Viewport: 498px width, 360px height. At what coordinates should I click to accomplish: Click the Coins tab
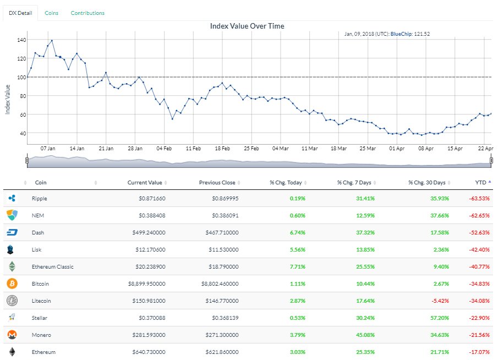tap(52, 13)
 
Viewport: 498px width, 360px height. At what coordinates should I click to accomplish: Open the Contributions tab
tap(87, 13)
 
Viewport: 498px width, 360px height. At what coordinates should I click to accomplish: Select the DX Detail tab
tap(21, 13)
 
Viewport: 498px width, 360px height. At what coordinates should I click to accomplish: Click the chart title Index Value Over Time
tap(247, 26)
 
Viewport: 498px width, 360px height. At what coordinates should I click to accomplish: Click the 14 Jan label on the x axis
tap(77, 148)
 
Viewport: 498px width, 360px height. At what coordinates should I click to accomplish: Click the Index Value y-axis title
tap(8, 99)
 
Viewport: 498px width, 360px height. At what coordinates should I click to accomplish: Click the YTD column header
tap(480, 182)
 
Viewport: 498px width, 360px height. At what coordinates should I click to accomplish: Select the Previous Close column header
tap(217, 182)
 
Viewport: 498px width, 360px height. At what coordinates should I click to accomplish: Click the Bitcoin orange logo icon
tap(12, 283)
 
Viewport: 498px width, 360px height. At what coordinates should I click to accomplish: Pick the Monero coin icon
tap(12, 335)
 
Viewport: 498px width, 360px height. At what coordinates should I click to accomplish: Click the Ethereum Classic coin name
tap(52, 266)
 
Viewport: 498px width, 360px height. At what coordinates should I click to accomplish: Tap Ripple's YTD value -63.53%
tap(478, 198)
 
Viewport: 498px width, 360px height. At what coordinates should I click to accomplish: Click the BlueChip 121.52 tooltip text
tap(410, 34)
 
